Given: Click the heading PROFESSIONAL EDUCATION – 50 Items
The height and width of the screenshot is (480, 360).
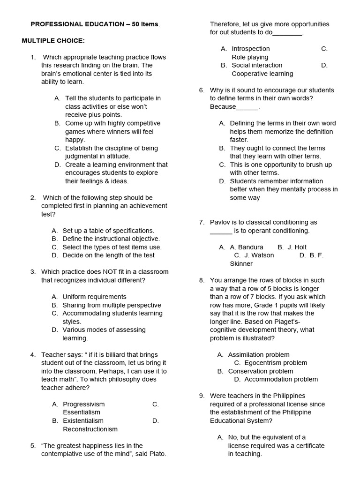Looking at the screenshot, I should tap(95, 24).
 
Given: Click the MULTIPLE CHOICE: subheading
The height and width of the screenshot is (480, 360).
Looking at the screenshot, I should tap(53, 41).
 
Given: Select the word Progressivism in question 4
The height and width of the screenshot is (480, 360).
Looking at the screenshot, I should tap(84, 404).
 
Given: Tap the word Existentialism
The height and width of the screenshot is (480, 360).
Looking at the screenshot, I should tap(83, 420).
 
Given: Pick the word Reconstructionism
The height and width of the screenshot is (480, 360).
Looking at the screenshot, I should tap(90, 429).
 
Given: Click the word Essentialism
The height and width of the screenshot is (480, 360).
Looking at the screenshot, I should tap(82, 412).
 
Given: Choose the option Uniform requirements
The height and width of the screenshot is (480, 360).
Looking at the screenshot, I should tap(94, 297).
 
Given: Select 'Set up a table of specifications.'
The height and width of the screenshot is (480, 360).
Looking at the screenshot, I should tap(108, 231).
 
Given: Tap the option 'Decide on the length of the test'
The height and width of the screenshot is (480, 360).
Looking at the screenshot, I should tap(108, 255).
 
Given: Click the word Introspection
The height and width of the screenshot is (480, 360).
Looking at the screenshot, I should tap(251, 49).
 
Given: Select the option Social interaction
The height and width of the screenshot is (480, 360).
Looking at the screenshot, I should tap(257, 65).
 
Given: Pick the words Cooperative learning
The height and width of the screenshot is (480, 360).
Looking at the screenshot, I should tap(262, 74).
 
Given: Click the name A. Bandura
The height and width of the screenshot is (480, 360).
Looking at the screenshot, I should tap(247, 247).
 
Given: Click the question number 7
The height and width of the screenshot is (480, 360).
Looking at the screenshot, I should tap(202, 222).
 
